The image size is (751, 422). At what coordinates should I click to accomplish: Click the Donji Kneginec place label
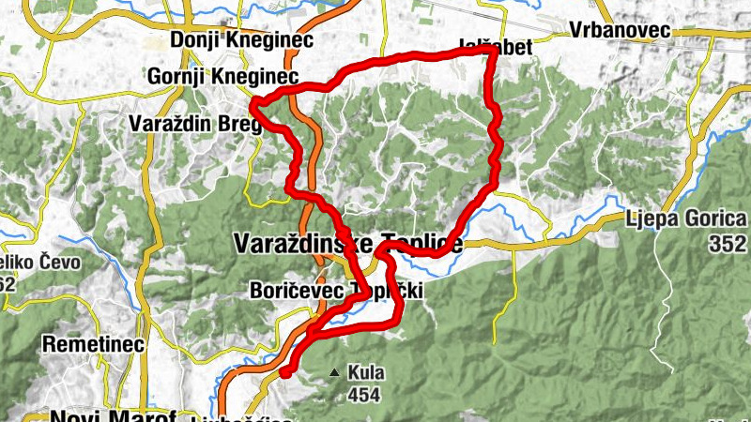[242, 40]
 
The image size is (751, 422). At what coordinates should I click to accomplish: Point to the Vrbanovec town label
[620, 30]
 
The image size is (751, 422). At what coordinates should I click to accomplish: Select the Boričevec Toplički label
[336, 292]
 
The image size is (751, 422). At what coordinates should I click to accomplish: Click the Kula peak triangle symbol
[334, 373]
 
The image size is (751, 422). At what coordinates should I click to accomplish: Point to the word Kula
[365, 372]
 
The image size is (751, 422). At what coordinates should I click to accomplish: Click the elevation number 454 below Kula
[364, 394]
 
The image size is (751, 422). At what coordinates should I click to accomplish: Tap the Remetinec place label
[93, 344]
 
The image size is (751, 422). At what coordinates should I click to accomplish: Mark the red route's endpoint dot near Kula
[285, 372]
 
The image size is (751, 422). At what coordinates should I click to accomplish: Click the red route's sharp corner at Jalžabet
[489, 53]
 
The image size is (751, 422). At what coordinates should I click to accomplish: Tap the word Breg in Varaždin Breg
[239, 122]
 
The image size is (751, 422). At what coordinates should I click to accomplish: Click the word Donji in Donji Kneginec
[194, 40]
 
